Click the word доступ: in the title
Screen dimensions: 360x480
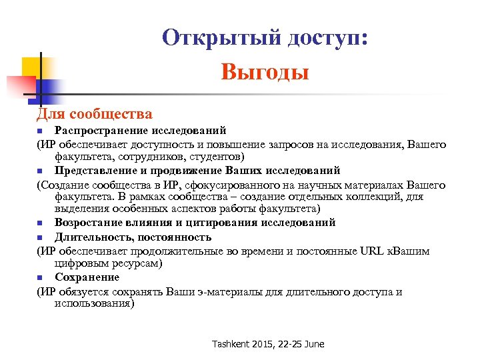(x=327, y=37)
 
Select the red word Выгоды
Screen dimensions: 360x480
(x=265, y=71)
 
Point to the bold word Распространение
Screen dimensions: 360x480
(x=97, y=129)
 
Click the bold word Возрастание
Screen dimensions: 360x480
(x=90, y=223)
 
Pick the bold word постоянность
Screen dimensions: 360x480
(x=176, y=237)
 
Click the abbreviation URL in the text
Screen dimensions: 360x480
(x=366, y=251)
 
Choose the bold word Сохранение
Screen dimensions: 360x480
(x=87, y=277)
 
